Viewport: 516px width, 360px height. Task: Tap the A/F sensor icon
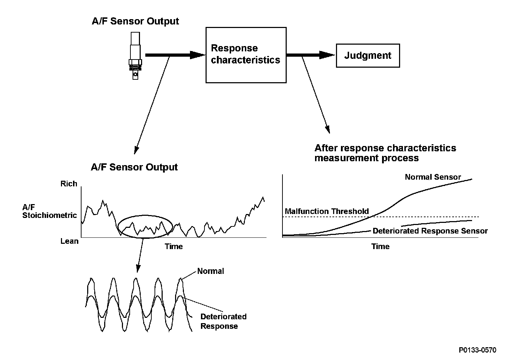point(135,56)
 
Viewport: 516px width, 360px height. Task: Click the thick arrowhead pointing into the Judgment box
point(327,55)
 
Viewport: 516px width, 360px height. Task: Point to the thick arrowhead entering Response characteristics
point(198,55)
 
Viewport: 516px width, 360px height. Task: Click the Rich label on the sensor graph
point(69,184)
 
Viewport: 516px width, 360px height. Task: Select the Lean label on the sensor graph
point(69,241)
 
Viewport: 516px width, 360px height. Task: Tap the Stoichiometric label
point(50,215)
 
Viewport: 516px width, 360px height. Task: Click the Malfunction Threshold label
point(327,211)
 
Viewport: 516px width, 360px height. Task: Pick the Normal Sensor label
point(433,177)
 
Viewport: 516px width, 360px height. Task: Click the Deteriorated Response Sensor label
point(430,231)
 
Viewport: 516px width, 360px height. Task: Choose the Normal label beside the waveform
point(211,271)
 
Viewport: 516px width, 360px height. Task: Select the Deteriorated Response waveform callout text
point(223,321)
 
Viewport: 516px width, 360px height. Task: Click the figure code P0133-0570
point(477,350)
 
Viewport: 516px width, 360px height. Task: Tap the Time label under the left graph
point(174,247)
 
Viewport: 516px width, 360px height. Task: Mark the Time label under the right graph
point(380,247)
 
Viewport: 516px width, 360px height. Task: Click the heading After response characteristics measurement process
point(385,153)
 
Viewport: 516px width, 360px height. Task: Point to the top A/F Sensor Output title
point(135,21)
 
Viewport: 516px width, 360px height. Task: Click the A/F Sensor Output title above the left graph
point(134,167)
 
